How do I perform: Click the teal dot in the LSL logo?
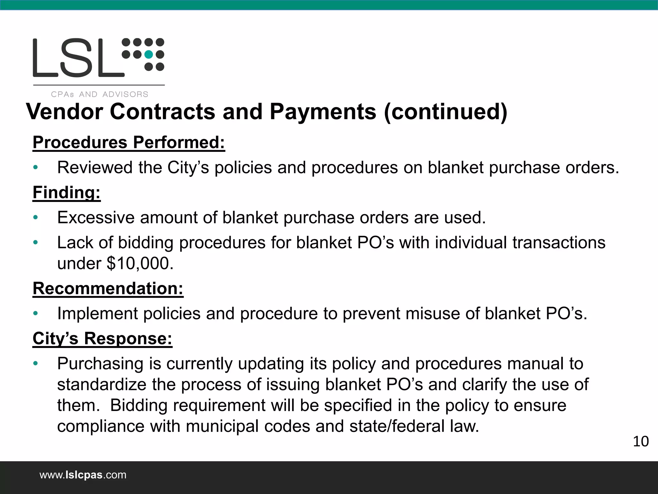tap(148, 55)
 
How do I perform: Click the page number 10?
tap(641, 442)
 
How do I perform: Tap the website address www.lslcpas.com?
tap(83, 475)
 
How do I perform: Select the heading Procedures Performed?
tap(129, 142)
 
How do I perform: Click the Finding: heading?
tap(67, 192)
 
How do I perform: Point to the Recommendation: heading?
tap(108, 288)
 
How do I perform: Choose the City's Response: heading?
tap(102, 338)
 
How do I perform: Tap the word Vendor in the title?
tap(64, 112)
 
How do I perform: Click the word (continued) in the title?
tap(446, 112)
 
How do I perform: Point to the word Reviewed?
tap(95, 168)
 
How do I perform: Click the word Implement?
tap(97, 313)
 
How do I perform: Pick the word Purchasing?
tap(100, 364)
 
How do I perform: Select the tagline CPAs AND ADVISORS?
tap(100, 95)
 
